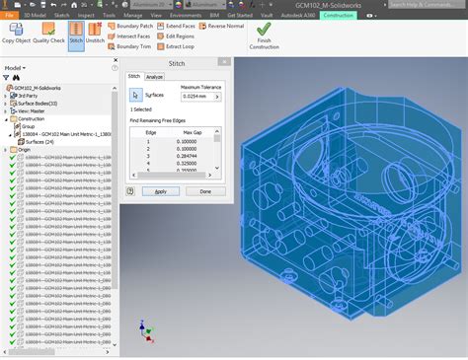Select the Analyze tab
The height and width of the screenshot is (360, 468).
[155, 76]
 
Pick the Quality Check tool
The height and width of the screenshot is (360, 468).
[48, 35]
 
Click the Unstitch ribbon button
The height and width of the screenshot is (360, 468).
[96, 35]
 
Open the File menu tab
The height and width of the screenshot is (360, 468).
[9, 16]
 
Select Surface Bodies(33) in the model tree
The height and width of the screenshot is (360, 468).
[39, 104]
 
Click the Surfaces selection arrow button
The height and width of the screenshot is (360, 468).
[136, 96]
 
